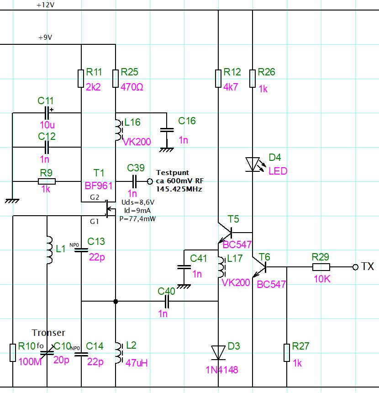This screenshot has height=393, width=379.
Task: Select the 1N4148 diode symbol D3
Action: coord(218,353)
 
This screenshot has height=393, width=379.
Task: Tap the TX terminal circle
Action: coord(355,267)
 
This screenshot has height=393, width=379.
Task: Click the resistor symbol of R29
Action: coord(321,267)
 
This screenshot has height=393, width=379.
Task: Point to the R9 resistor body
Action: coord(47,181)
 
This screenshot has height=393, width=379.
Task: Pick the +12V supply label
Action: coord(45,5)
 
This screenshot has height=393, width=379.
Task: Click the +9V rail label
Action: coord(45,37)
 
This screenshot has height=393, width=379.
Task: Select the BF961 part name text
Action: coord(99,186)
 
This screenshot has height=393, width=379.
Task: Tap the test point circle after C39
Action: coord(150,181)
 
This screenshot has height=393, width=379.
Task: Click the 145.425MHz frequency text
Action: coord(179,189)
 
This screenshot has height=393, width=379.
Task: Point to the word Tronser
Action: coord(48,333)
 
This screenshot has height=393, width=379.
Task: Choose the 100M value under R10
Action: coord(30,361)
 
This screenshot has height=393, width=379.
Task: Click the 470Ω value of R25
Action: coord(132,87)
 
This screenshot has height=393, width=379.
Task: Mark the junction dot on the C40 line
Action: coord(116,301)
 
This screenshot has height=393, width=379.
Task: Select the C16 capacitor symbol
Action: coord(167,130)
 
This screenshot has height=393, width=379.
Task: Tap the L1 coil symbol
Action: coord(49,250)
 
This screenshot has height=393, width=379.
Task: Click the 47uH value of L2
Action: coord(137,363)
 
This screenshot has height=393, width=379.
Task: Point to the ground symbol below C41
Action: coord(184,287)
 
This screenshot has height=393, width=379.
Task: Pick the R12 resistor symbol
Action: coord(218,79)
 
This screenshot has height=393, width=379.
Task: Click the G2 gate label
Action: coord(95,197)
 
